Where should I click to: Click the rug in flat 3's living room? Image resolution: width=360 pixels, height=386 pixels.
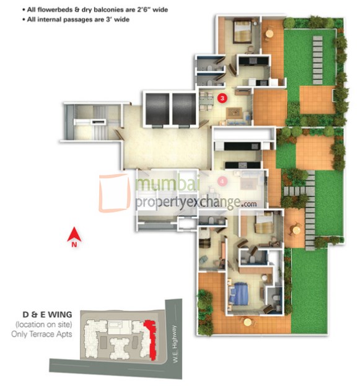click(x=234, y=113)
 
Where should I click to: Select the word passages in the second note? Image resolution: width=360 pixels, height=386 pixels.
click(x=72, y=20)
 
